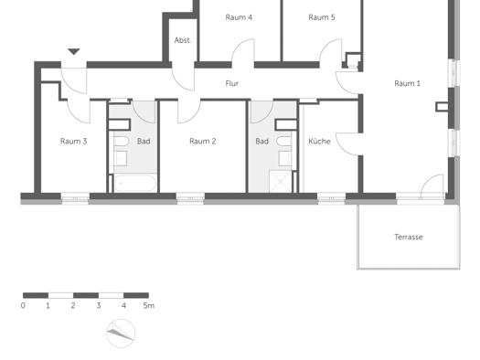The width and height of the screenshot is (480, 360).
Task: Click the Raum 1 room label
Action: pos(407,83)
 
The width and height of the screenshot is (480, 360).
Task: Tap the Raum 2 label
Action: pos(203,141)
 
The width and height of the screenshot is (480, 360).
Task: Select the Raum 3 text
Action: pos(73,141)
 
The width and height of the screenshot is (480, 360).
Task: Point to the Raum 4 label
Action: pos(239,17)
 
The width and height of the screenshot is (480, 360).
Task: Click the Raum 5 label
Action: pos(322,17)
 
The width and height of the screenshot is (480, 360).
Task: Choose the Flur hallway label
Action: pos(231,83)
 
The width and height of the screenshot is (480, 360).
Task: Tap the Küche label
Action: pos(319,141)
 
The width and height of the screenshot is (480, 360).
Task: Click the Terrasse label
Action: pos(409,237)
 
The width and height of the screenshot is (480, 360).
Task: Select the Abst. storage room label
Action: pos(183,40)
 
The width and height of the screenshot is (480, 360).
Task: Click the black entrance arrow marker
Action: pos(74,51)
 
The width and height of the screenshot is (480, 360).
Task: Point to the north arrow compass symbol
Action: pos(121,334)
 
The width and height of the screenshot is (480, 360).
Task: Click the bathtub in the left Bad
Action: pos(135,183)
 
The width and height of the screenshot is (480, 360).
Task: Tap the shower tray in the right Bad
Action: pos(281,182)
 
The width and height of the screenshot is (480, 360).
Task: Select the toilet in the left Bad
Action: pos(122,142)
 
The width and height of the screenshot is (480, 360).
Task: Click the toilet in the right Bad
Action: pos(283,141)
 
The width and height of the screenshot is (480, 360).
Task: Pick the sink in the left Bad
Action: pos(121,158)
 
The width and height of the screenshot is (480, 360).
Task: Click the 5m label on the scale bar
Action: pos(149,305)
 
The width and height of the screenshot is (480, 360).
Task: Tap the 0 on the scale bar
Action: pos(23,305)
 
